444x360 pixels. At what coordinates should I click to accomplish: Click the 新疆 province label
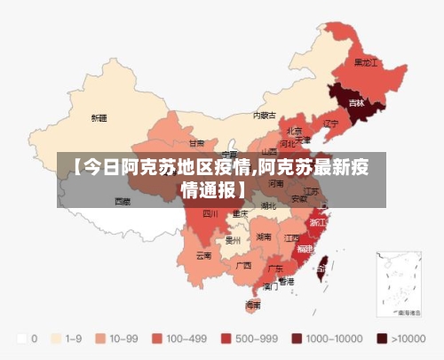point(99,117)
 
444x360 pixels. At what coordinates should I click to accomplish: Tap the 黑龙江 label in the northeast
point(366,63)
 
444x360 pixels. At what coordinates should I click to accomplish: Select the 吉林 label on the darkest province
point(356,103)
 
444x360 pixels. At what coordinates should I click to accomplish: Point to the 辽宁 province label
point(330,123)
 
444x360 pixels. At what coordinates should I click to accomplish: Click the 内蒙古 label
point(264,115)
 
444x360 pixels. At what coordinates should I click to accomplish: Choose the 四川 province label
point(210,213)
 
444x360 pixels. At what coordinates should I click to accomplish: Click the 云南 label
point(204,255)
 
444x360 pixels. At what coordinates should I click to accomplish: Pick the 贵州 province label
point(234,239)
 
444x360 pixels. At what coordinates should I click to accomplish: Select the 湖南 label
point(264,237)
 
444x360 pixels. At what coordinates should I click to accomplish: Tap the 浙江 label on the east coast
point(318,222)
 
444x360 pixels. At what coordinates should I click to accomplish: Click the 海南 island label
point(253,304)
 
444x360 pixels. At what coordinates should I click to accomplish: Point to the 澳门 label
point(271,286)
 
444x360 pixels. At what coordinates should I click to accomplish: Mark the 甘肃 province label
point(196,142)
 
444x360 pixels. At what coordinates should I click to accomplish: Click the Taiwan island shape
point(322,261)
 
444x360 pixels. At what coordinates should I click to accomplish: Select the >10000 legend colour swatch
point(383,339)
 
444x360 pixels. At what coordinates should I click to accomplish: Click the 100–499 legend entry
point(179,339)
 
